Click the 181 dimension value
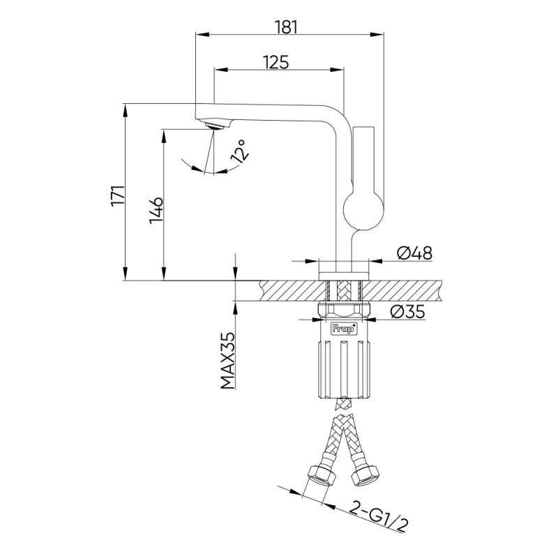(287, 27)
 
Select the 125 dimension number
(276, 62)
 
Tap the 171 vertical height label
(118, 195)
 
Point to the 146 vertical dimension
(156, 211)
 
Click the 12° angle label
(239, 151)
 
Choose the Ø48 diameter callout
(414, 253)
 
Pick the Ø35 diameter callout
(408, 312)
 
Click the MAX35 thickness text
(228, 361)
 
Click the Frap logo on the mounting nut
(344, 329)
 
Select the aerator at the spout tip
(215, 126)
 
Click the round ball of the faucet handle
(363, 211)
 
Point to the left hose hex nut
(322, 476)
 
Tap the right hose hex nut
(365, 476)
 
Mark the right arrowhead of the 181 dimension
(377, 34)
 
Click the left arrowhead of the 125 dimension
(220, 70)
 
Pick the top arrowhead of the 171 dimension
(125, 111)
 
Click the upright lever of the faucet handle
(363, 158)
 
